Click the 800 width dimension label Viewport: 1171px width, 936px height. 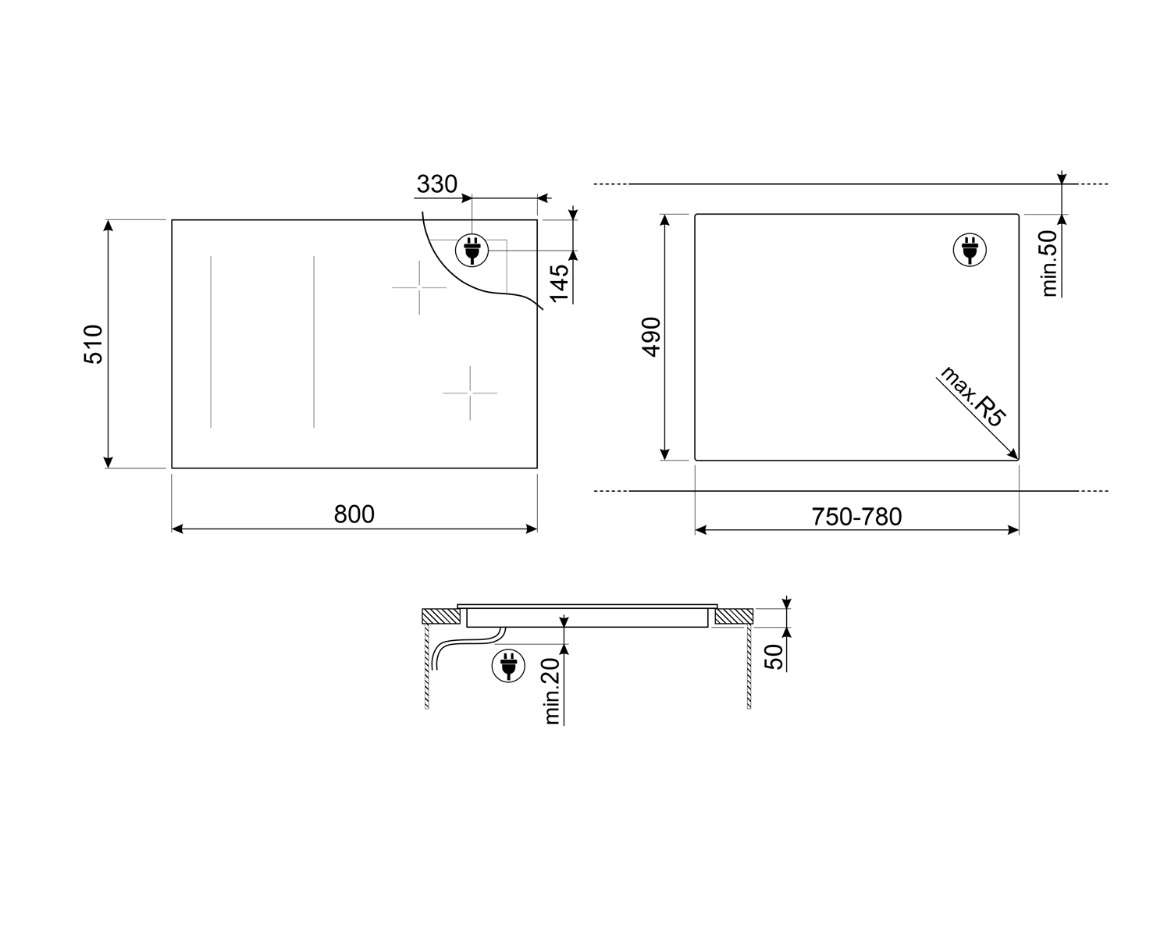pyautogui.click(x=354, y=514)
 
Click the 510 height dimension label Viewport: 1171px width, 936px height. pyautogui.click(x=93, y=343)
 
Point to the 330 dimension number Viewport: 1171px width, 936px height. pyautogui.click(x=436, y=184)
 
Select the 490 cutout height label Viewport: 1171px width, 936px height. pyautogui.click(x=651, y=336)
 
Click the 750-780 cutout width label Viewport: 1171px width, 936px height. pyautogui.click(x=856, y=517)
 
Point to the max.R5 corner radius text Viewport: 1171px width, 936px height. pyautogui.click(x=972, y=395)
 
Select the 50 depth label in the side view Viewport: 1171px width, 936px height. pyautogui.click(x=774, y=657)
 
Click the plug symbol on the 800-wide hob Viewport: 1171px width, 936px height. pyautogui.click(x=472, y=250)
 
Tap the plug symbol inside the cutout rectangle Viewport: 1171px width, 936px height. pyautogui.click(x=970, y=250)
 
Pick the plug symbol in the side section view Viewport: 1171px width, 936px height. pyautogui.click(x=507, y=666)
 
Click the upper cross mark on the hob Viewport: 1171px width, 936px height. pyautogui.click(x=419, y=288)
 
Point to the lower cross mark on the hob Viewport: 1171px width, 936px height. pyautogui.click(x=470, y=392)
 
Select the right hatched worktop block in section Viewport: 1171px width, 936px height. pyautogui.click(x=732, y=616)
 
